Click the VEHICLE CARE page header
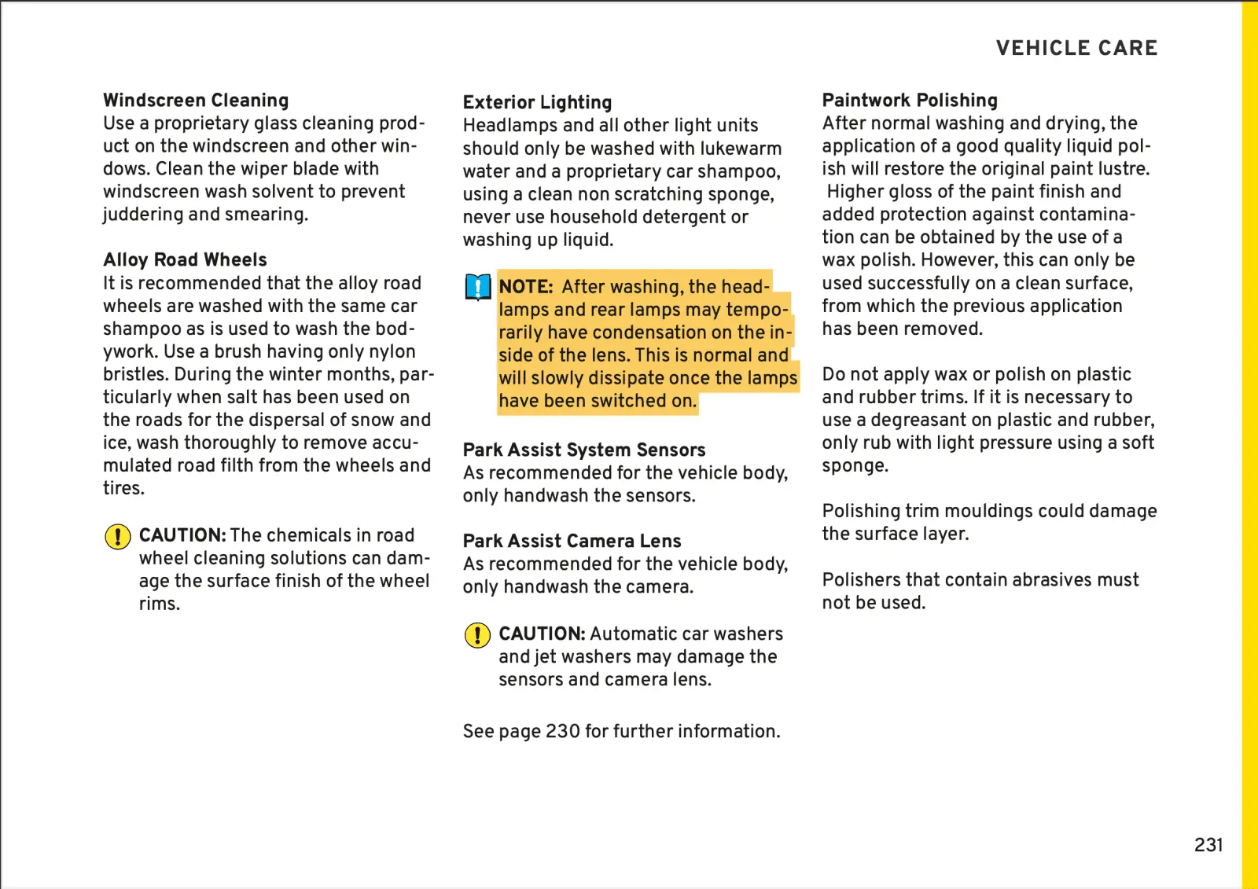click(x=1076, y=48)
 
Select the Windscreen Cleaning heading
click(x=196, y=101)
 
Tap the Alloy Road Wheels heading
click(x=185, y=260)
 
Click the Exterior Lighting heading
click(x=537, y=103)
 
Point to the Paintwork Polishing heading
click(x=910, y=101)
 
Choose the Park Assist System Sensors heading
click(x=584, y=450)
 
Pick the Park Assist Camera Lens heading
click(x=572, y=542)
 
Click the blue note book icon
click(x=477, y=288)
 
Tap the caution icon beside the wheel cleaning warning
click(x=118, y=537)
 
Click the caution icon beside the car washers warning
click(x=477, y=635)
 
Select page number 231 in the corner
click(x=1208, y=845)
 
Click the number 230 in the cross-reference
click(x=563, y=732)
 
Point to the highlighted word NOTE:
click(x=526, y=288)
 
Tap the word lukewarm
click(x=735, y=149)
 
